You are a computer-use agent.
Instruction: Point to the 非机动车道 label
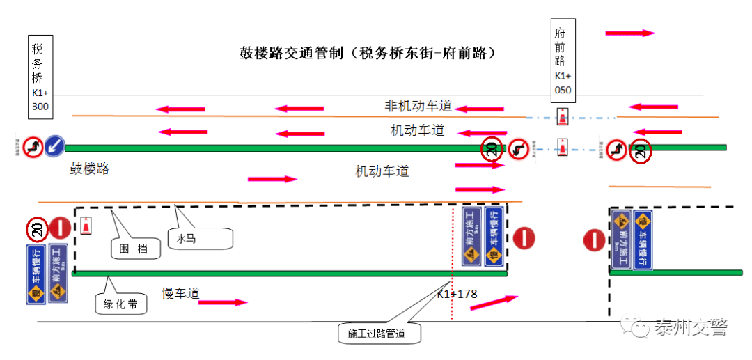tap(418, 106)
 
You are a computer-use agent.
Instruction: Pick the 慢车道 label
tap(180, 294)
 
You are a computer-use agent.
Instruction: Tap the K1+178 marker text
tap(457, 294)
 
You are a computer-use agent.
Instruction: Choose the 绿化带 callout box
tap(121, 304)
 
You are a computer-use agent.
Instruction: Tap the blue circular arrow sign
tap(55, 146)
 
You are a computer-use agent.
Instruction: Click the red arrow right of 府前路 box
tap(630, 33)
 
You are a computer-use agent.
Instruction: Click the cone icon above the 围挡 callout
tap(85, 226)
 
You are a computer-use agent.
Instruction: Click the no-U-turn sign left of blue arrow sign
tap(32, 146)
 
